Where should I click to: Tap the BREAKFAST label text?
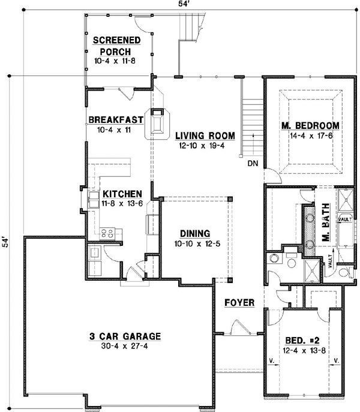click(116, 119)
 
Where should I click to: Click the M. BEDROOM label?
click(310, 126)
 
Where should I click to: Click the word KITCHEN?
click(122, 194)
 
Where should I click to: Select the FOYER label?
click(240, 302)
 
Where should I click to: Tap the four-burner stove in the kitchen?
click(107, 233)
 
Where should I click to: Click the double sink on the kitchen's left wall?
click(94, 199)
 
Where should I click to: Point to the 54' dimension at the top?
click(180, 5)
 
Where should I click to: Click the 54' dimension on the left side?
click(5, 243)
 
